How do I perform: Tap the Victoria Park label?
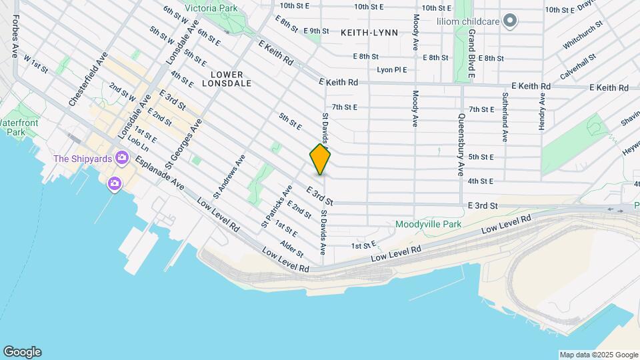point(211,9)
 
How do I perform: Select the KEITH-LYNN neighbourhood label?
point(369,32)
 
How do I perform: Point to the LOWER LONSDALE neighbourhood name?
point(231,79)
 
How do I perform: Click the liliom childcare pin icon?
point(511,21)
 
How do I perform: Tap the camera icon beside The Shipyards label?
point(121,158)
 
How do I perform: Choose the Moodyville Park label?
point(428,225)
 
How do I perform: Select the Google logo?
point(22,351)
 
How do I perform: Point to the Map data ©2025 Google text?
point(598,355)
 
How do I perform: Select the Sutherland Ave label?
point(505,117)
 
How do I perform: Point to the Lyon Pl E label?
point(391,69)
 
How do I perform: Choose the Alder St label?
point(292,249)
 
